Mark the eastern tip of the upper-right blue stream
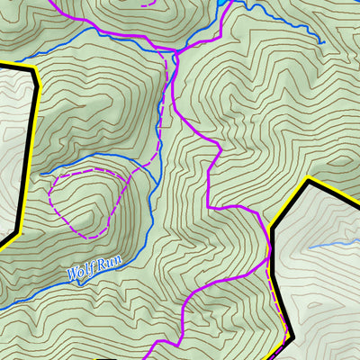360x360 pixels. tap(321, 41)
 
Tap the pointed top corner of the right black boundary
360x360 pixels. tap(309, 180)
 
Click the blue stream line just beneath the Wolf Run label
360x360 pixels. tap(90, 283)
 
